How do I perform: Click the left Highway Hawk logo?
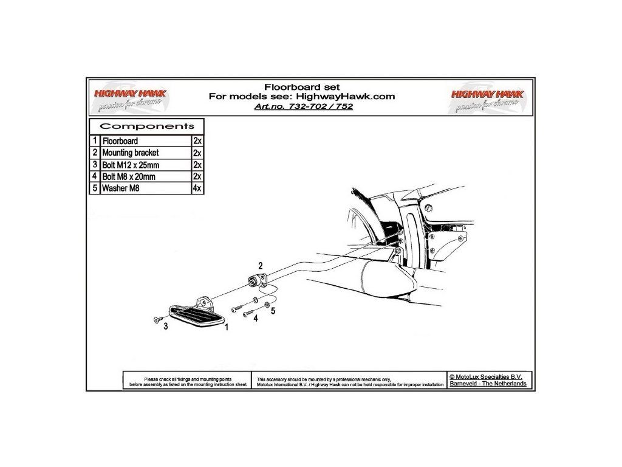coord(129,99)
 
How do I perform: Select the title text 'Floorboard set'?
coord(302,86)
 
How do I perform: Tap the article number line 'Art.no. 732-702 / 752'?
coord(302,106)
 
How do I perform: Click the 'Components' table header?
coord(147,126)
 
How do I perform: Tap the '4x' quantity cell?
coord(197,189)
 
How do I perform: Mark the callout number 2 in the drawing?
coord(261,266)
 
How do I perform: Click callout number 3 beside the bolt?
coord(165,327)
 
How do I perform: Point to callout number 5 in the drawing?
coord(273,311)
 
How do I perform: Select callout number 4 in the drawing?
coord(256,318)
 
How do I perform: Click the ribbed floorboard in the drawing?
coord(196,315)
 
